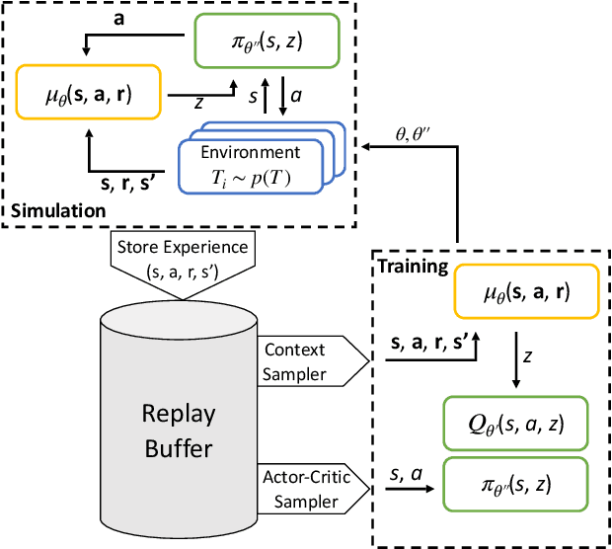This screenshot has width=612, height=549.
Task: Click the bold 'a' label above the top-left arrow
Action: (x=118, y=17)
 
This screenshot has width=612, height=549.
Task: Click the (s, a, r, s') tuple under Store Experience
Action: (x=184, y=270)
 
